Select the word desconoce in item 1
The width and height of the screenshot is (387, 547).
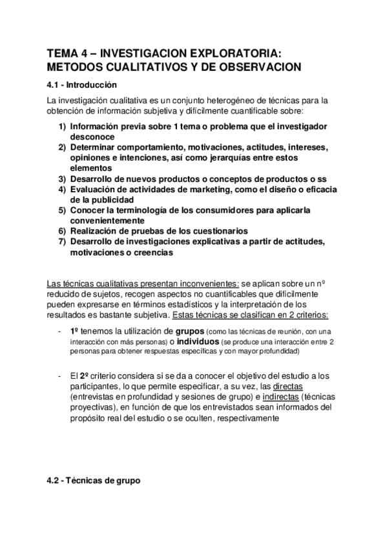92,137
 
